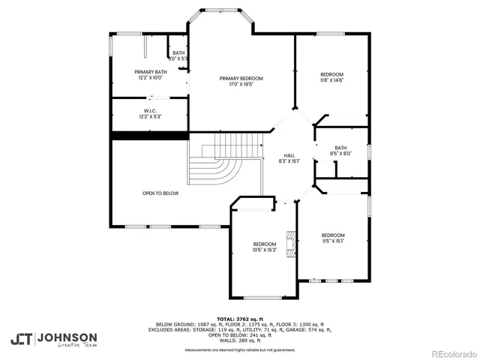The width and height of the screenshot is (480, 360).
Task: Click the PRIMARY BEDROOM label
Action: (241, 78)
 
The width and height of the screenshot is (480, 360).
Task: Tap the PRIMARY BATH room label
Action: (150, 71)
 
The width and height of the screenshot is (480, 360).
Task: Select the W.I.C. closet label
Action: (150, 112)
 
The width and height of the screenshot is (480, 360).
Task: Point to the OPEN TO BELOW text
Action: (160, 193)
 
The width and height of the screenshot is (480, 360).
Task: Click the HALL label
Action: (289, 155)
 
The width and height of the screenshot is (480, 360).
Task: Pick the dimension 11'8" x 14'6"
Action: (331, 80)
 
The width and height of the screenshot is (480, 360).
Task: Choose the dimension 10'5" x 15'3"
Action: (265, 250)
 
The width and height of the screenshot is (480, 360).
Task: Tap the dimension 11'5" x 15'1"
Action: (333, 241)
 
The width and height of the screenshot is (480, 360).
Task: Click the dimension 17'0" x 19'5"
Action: (241, 84)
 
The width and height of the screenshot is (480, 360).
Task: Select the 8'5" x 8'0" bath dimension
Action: (340, 154)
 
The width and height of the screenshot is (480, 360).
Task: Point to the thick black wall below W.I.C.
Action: (149, 135)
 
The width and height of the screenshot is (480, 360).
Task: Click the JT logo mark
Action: (22, 338)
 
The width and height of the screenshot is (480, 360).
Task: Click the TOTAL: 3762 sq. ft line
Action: (240, 319)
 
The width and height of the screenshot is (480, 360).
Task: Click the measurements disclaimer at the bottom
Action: (240, 349)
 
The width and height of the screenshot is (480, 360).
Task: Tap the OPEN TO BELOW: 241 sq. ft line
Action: (240, 334)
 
